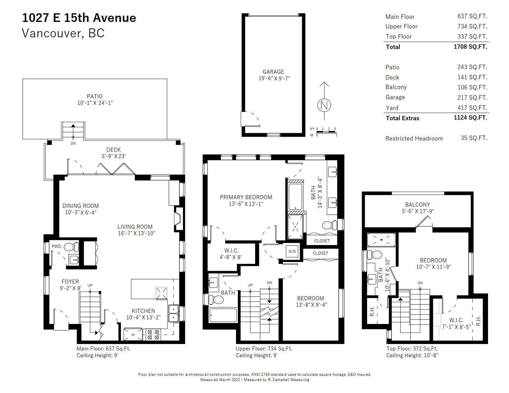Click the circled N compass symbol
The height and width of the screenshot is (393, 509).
pyautogui.click(x=324, y=105)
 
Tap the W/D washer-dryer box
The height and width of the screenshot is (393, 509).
pyautogui.click(x=292, y=252)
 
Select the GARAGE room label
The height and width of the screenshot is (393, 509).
pyautogui.click(x=273, y=72)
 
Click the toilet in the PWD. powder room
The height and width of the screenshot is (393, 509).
pyautogui.click(x=71, y=247)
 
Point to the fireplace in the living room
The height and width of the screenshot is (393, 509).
pyautogui.click(x=178, y=219)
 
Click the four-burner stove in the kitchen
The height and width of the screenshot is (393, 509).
pyautogui.click(x=153, y=334)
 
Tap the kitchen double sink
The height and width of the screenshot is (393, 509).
pyautogui.click(x=173, y=314)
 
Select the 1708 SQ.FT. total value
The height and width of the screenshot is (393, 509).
pyautogui.click(x=471, y=46)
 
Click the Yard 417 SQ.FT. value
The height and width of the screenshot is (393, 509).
pyautogui.click(x=472, y=108)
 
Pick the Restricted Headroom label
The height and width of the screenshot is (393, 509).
pyautogui.click(x=414, y=139)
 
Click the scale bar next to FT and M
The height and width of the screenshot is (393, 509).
pyautogui.click(x=326, y=132)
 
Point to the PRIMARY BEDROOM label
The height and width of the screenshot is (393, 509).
pyautogui.click(x=246, y=197)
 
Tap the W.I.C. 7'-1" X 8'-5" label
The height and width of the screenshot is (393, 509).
pyautogui.click(x=456, y=323)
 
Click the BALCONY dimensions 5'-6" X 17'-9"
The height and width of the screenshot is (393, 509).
pyautogui.click(x=418, y=211)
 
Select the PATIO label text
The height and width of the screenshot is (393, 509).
pyautogui.click(x=94, y=96)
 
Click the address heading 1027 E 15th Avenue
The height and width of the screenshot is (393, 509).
pyautogui.click(x=79, y=18)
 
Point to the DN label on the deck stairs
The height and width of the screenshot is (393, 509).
pyautogui.click(x=73, y=143)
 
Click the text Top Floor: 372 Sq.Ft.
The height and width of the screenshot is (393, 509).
pyautogui.click(x=412, y=348)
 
